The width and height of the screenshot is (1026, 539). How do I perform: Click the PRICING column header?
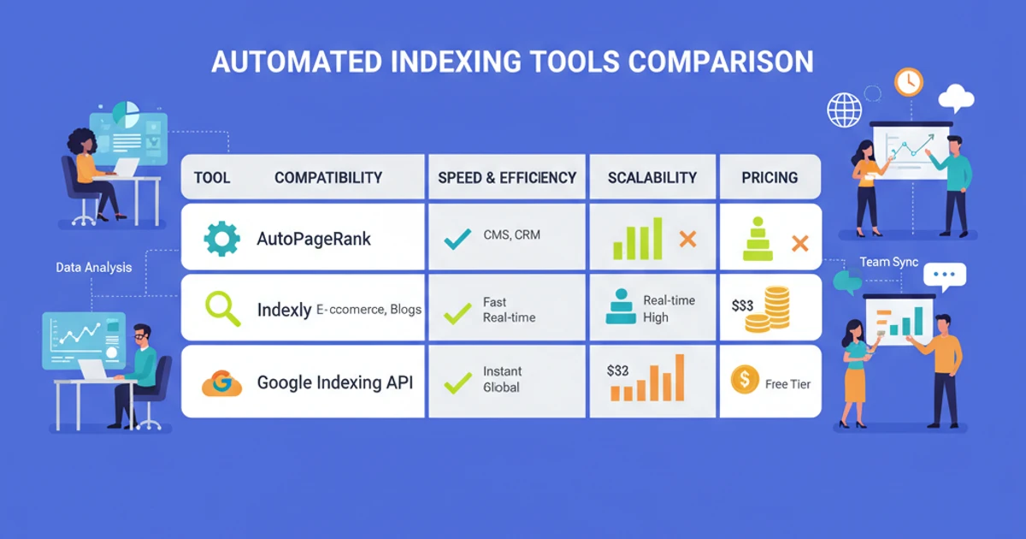770,178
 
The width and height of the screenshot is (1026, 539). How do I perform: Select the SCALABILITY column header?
652,178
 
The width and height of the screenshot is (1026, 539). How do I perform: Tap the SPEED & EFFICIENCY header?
507,178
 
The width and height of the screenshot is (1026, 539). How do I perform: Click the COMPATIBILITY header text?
328,178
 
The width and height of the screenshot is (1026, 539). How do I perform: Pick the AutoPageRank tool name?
314,239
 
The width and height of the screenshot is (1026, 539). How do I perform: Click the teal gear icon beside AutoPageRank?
222,239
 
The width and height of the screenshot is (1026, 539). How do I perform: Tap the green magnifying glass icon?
221,309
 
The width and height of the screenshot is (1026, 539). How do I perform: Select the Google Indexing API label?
335,382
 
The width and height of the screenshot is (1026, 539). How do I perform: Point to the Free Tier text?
787,384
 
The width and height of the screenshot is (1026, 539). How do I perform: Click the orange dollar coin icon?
745,379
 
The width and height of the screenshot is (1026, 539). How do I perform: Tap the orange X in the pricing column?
799,244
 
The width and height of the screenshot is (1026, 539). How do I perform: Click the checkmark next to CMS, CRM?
457,240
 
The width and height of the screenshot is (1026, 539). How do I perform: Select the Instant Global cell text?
502,379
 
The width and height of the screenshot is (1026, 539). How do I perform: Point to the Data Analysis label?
94,268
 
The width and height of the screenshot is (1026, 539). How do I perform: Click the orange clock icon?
909,82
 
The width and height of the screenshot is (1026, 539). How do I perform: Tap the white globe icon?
845,110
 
